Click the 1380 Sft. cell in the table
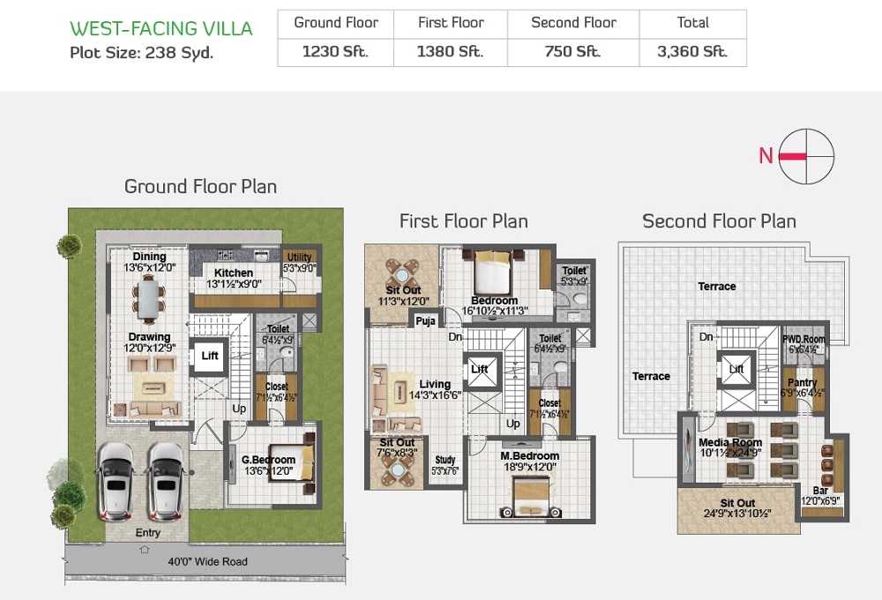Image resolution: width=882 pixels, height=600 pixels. click(450, 51)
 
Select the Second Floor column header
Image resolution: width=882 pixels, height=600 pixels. click(573, 23)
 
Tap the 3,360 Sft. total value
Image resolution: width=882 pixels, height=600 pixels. click(692, 51)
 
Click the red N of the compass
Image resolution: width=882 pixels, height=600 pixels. click(766, 156)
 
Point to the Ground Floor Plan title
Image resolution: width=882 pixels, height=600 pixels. click(200, 186)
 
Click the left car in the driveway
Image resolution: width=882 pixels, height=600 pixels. click(115, 481)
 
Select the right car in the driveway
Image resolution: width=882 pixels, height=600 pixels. click(164, 481)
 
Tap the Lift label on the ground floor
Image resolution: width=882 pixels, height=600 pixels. click(210, 356)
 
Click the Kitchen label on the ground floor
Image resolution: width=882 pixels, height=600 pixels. click(234, 273)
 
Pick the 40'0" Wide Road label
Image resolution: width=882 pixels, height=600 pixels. click(208, 561)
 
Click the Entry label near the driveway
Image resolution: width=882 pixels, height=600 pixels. click(147, 533)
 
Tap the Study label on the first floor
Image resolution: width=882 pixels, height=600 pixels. click(445, 460)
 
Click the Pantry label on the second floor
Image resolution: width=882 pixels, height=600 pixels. click(802, 383)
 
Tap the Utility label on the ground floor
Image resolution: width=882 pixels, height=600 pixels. click(299, 258)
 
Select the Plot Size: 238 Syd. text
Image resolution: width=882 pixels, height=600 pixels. click(141, 52)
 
